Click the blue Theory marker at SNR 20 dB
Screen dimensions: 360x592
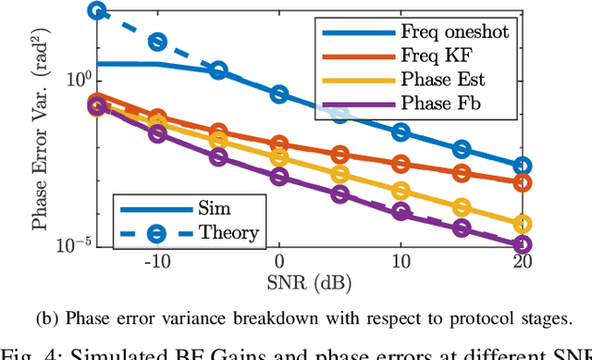tap(523, 167)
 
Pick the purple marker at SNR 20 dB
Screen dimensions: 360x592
tap(523, 245)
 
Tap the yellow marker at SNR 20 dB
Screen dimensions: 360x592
tap(523, 224)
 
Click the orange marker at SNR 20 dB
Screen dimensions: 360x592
tap(523, 182)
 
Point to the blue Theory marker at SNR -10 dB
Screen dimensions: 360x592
tap(157, 42)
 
